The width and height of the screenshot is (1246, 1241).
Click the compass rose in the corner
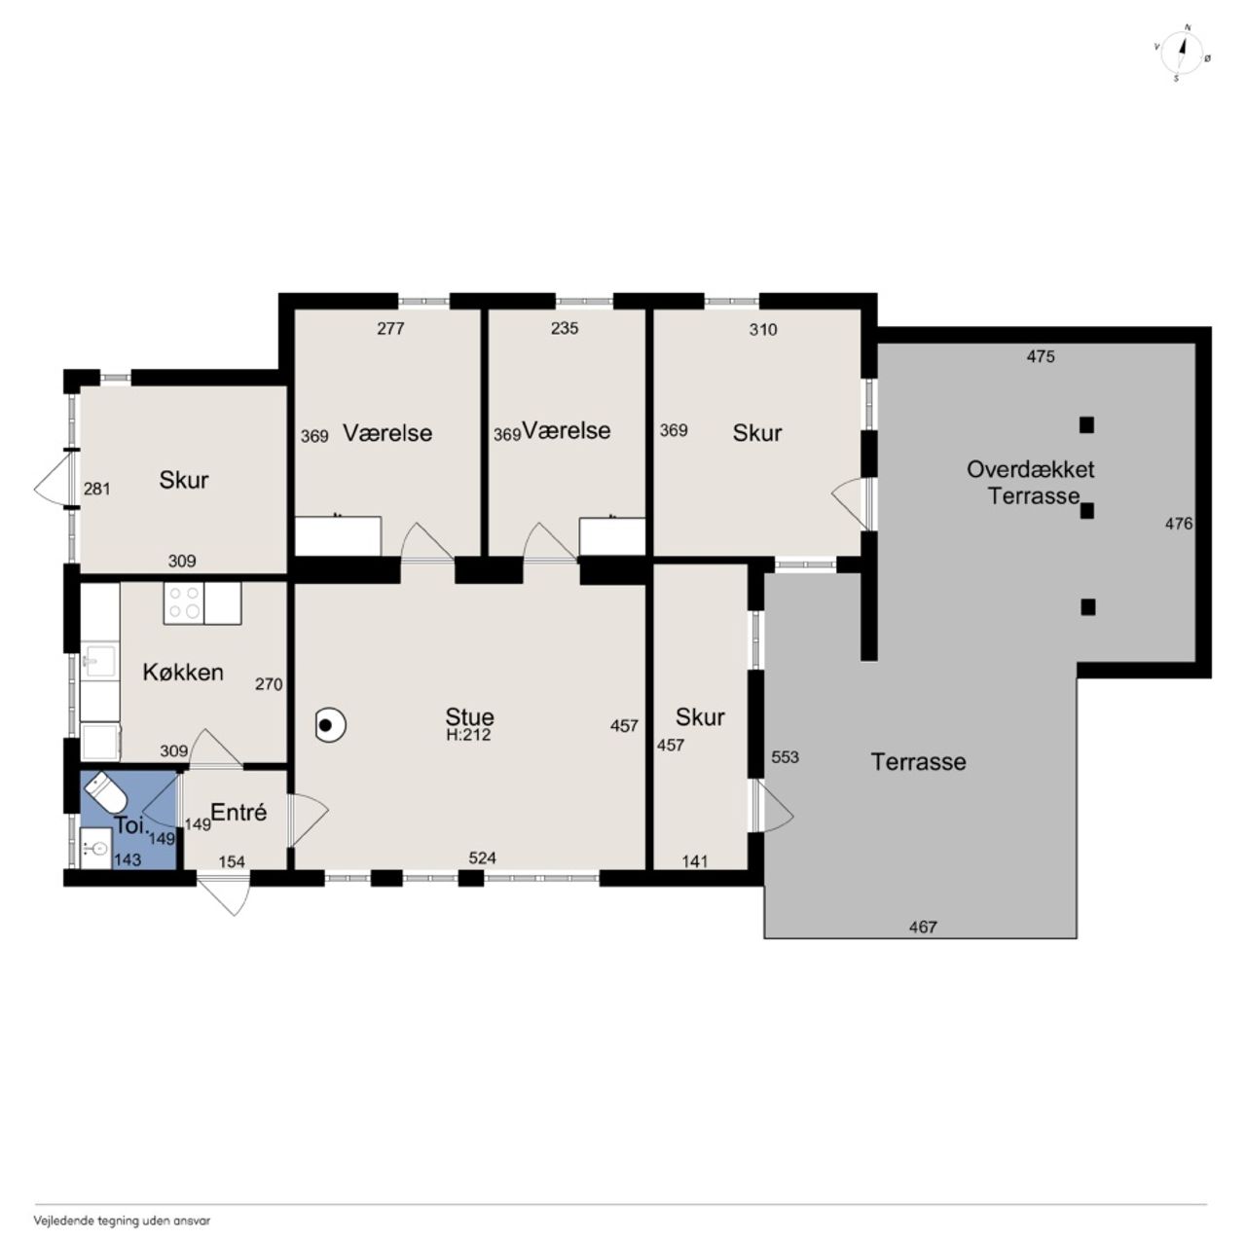(1183, 55)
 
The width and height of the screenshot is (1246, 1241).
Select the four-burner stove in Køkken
(184, 602)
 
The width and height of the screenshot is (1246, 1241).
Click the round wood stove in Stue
(330, 725)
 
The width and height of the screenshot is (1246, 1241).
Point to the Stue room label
(469, 716)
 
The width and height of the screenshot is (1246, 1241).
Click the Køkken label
(183, 673)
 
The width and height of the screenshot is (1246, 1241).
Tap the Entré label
(238, 812)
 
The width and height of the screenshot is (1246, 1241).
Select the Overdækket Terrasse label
(1031, 483)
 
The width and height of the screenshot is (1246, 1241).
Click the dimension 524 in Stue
(483, 858)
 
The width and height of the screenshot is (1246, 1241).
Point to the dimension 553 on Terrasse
(785, 756)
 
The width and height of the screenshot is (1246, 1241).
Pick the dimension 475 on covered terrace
(1041, 355)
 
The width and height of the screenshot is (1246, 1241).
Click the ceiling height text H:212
(468, 735)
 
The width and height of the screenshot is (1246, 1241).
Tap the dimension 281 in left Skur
(97, 489)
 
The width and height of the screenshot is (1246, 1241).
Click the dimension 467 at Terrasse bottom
(923, 927)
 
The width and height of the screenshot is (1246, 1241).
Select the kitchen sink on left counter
(99, 661)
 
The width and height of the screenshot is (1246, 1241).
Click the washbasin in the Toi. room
(95, 849)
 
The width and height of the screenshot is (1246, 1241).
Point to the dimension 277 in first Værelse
(390, 329)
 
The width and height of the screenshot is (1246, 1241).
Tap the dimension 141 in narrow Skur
(695, 861)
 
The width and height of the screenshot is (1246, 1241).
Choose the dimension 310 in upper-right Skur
(763, 329)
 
